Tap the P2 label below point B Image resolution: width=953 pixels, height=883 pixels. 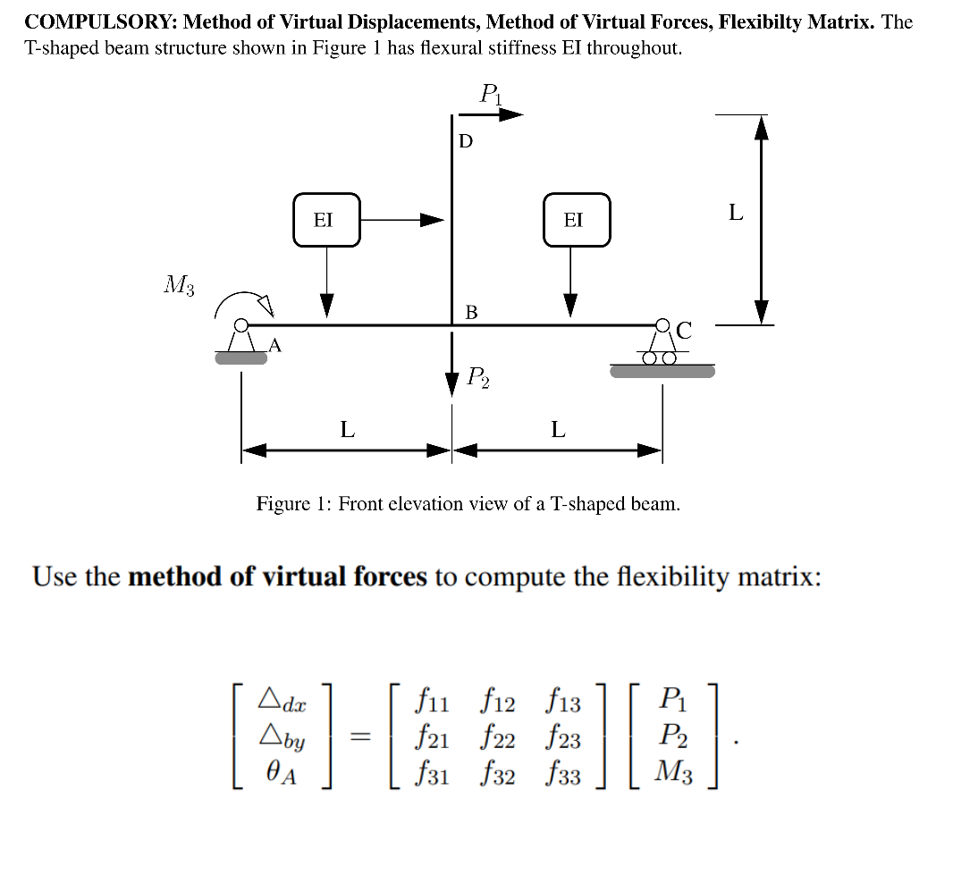(478, 378)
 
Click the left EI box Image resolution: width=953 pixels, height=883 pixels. (326, 220)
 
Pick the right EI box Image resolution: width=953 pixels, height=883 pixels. (577, 220)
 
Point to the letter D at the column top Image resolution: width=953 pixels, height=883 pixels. (466, 142)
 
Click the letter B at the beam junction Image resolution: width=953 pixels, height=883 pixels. (471, 312)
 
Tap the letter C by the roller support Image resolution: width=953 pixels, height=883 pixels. (684, 332)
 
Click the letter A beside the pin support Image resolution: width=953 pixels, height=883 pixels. (274, 345)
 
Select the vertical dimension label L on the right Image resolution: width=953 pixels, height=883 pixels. (736, 213)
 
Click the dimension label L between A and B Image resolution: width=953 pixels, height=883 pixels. (347, 430)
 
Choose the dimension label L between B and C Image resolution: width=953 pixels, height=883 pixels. (558, 430)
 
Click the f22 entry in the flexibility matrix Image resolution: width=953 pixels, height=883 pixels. (498, 740)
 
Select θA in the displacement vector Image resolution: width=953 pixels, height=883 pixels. (281, 774)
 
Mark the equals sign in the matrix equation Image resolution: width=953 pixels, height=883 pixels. (359, 739)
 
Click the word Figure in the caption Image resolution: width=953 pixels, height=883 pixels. (283, 504)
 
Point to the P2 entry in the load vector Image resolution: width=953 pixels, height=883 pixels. (674, 737)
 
